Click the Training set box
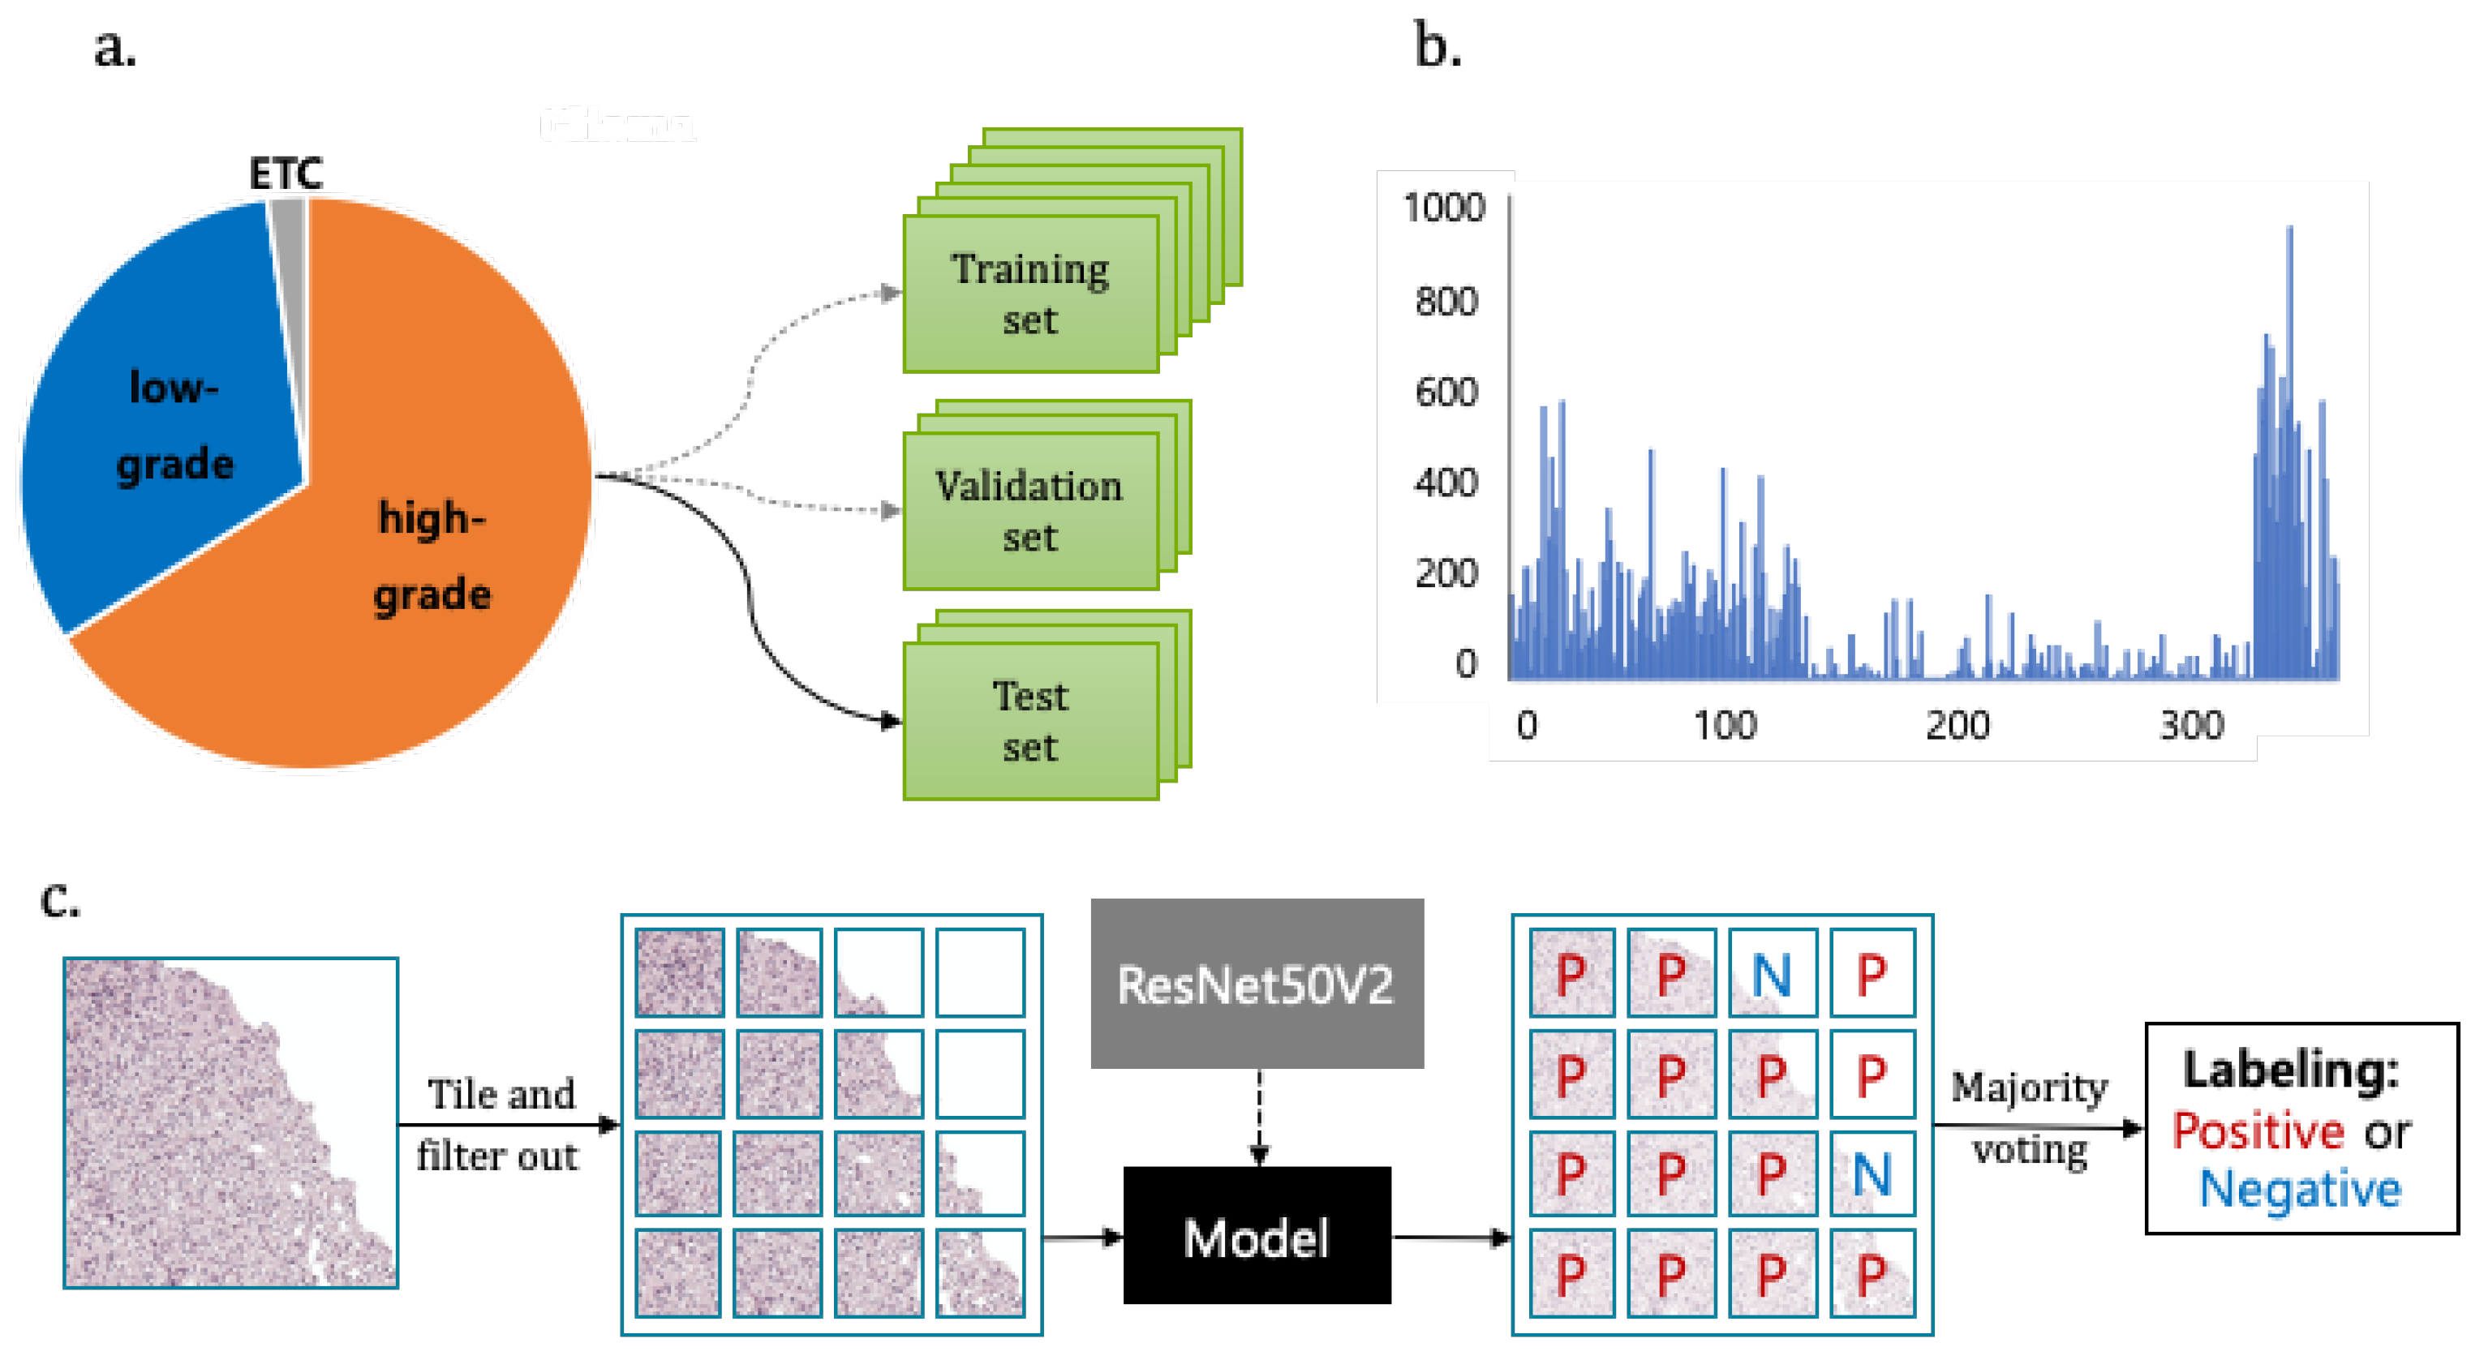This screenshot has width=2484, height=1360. [1029, 293]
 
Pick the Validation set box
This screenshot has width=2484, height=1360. [1029, 511]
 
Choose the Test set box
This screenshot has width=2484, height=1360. [1029, 721]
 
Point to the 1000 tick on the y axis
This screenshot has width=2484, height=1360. [1443, 208]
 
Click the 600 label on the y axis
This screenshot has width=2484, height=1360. [1446, 393]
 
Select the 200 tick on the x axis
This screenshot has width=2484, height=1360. [1958, 725]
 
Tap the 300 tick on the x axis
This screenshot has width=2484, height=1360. [2191, 725]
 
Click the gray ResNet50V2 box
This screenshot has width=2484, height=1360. [1257, 984]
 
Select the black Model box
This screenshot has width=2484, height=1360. [1257, 1236]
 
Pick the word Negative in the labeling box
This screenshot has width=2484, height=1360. [2300, 1188]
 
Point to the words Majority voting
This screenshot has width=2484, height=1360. [2030, 1118]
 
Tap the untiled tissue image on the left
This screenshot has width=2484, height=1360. [230, 1123]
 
